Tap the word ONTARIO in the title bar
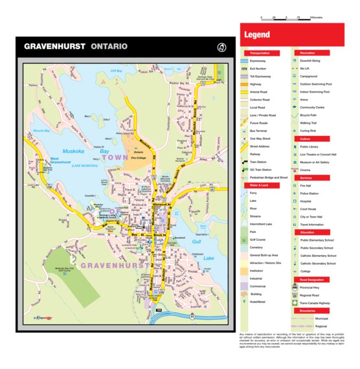tap(109, 47)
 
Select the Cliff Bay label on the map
tap(116, 71)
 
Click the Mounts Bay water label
tap(41, 131)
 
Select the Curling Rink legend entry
tap(308, 131)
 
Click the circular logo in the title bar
tap(221, 47)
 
